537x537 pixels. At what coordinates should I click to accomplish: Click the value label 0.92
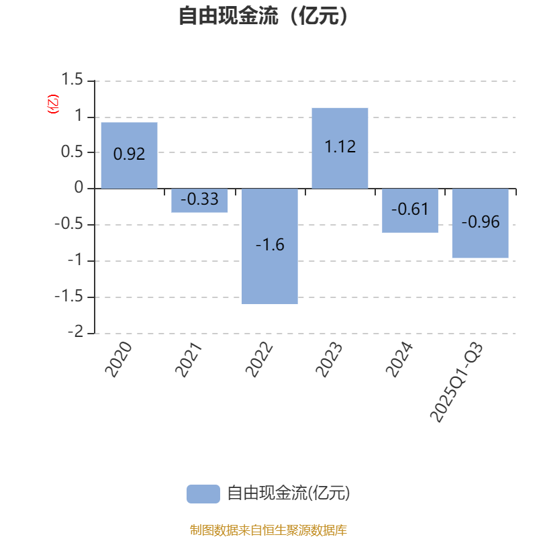tap(129, 154)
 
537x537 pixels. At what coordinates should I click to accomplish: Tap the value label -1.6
tap(270, 245)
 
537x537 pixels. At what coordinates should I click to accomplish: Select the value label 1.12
tap(340, 146)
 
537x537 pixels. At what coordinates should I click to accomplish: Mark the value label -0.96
tap(480, 222)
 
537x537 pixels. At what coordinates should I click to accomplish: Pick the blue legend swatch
tap(203, 494)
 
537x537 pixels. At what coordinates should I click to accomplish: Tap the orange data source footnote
tap(268, 530)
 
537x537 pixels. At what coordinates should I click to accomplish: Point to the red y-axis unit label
tap(52, 104)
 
